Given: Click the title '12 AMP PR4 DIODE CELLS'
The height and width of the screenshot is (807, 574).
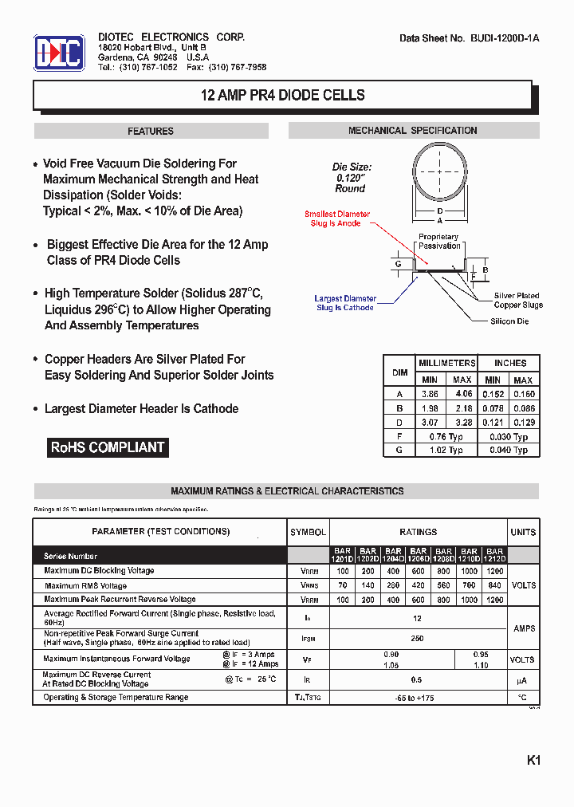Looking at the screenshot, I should pos(282,96).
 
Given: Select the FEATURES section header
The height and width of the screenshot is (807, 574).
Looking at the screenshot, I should pos(151,132).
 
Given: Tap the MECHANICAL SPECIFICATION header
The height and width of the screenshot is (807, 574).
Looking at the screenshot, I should pos(413,131).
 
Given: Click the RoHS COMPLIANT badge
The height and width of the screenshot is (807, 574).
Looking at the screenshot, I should pos(108,447).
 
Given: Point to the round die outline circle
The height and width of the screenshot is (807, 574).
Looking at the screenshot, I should pos(439,171).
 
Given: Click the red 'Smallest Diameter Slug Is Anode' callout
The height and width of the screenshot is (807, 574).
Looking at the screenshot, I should pos(337,218).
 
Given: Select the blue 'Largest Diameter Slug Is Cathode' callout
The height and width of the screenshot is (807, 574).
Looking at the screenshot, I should pos(345,303).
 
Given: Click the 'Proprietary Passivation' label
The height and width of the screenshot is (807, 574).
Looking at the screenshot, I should pos(439,241).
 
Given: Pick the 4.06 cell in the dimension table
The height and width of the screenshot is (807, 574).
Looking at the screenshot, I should pos(462,394).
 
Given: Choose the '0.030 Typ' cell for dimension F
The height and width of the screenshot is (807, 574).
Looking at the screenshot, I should pos(509,436).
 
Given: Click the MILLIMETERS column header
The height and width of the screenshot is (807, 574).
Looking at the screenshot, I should pos(446,363).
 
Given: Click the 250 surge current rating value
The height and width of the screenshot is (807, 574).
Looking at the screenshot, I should pos(417,638).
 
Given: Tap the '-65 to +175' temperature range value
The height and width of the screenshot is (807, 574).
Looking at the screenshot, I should pos(418,697).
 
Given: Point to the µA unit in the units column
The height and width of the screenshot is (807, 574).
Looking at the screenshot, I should pos(523,680).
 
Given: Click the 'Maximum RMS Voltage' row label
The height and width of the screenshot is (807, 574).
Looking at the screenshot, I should pos(85,585).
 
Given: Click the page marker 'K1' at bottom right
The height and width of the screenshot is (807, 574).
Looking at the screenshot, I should pos(533,761).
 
